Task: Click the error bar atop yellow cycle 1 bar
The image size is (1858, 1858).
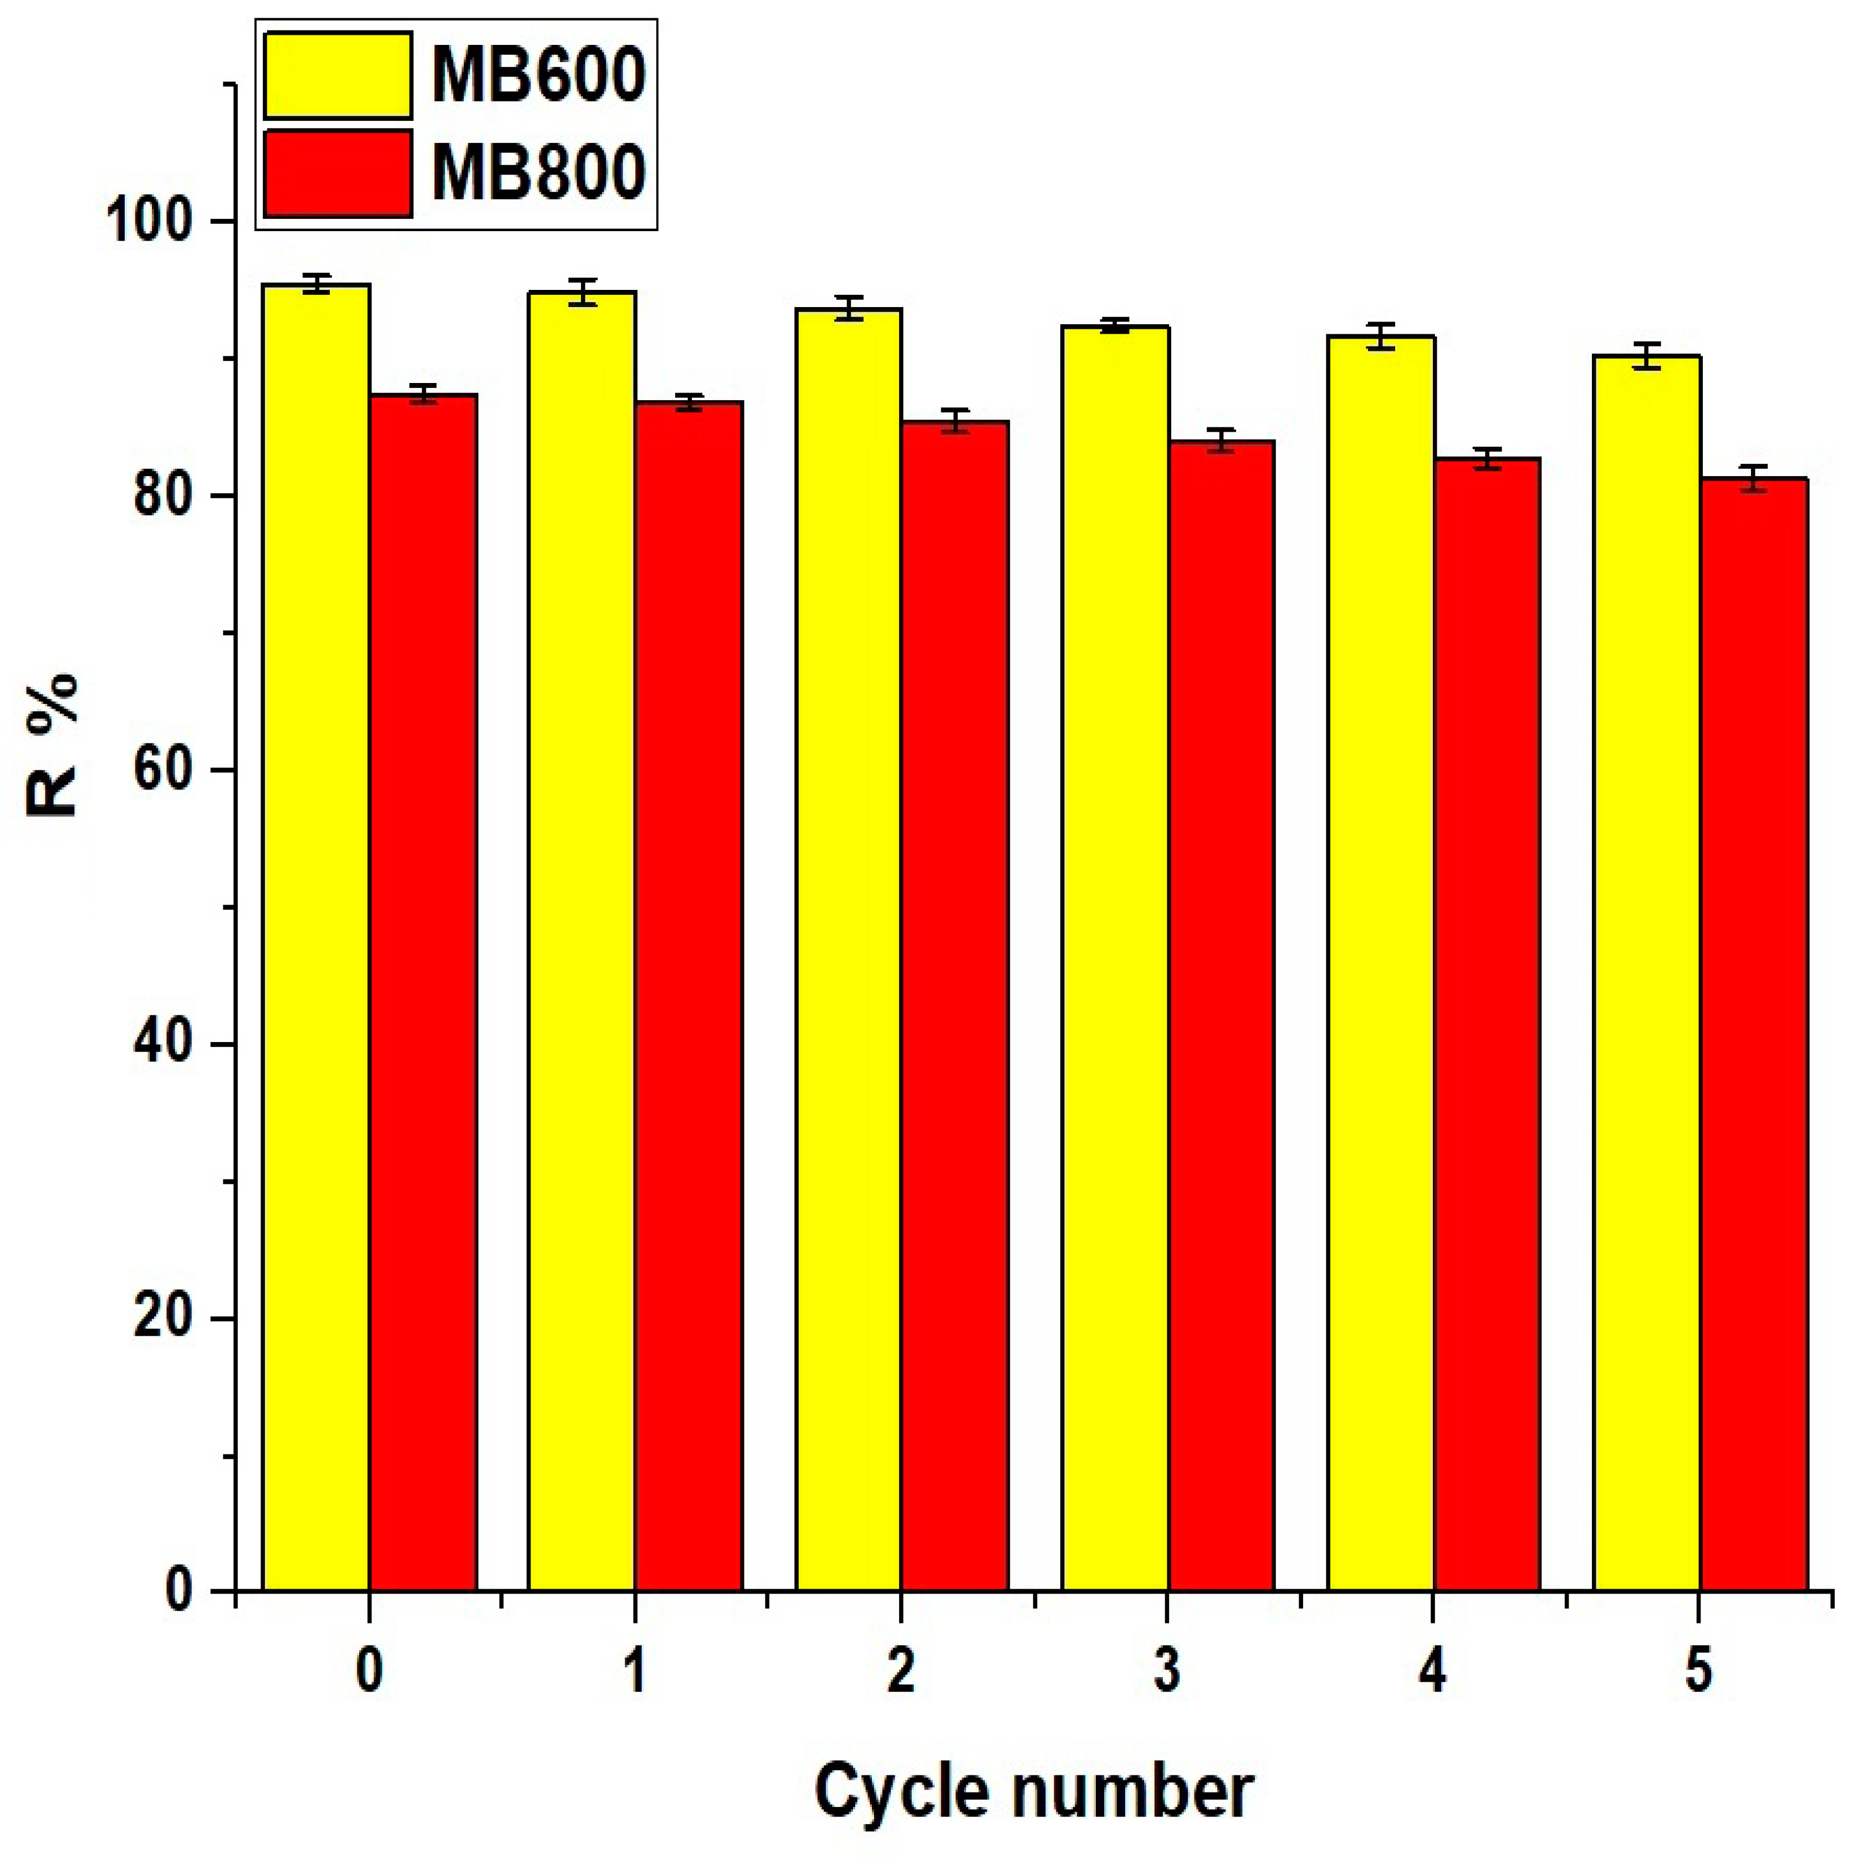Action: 582,292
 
